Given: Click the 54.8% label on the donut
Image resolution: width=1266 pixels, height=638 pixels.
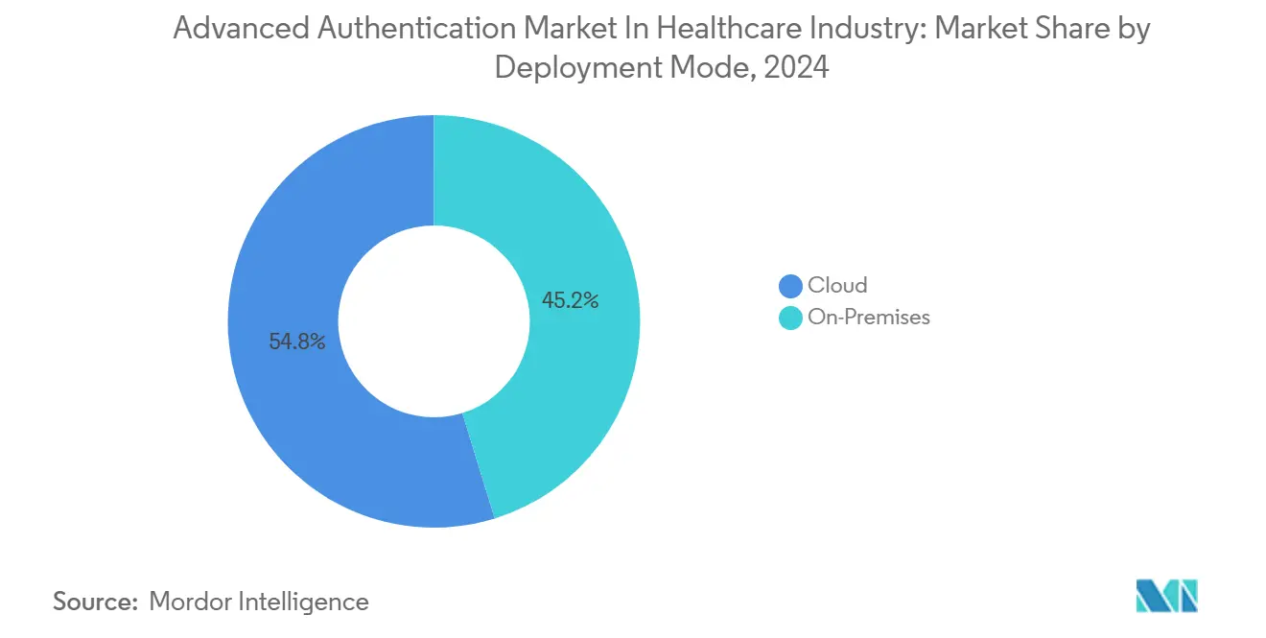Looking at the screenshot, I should pyautogui.click(x=297, y=342).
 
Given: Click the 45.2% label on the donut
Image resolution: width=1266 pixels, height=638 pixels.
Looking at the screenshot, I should pyautogui.click(x=571, y=300).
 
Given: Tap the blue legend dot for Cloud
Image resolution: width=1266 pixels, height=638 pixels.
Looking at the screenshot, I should pyautogui.click(x=790, y=286).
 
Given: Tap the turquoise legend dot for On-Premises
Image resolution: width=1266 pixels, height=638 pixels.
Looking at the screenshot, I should pyautogui.click(x=790, y=318).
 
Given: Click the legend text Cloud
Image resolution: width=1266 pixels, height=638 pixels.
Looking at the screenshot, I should pyautogui.click(x=837, y=285).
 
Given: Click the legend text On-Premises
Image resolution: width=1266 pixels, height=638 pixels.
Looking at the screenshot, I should pyautogui.click(x=869, y=318).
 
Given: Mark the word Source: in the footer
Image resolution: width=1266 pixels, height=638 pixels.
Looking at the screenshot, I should pyautogui.click(x=95, y=602).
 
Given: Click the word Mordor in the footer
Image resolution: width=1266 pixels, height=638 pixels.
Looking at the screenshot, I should pyautogui.click(x=193, y=602).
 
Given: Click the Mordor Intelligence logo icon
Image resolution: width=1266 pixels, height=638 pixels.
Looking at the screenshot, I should pyautogui.click(x=1166, y=596).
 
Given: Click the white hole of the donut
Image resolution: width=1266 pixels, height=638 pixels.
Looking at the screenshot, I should pyautogui.click(x=434, y=321).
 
